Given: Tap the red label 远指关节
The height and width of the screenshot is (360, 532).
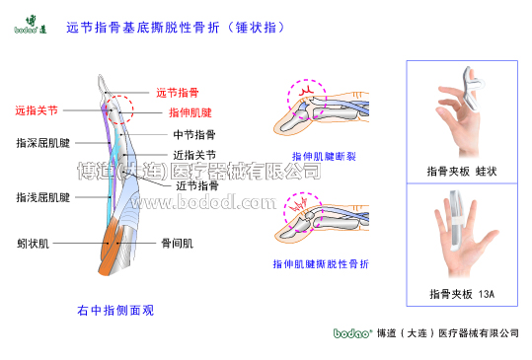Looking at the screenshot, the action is [36, 110].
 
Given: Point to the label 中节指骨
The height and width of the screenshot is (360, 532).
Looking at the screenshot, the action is [194, 134].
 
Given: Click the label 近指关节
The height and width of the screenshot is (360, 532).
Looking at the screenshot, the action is [194, 155].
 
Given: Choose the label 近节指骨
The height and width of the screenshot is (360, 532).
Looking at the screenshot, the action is [196, 185].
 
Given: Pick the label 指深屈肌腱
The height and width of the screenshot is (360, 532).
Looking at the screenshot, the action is [42, 143].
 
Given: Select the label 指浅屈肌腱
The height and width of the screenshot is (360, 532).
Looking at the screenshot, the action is [42, 197].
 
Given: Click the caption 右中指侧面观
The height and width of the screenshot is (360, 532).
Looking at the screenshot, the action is [114, 310].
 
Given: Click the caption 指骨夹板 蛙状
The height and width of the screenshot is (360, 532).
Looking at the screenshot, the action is [461, 171].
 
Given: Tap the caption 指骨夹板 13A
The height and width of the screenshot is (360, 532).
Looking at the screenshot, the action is [461, 294].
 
